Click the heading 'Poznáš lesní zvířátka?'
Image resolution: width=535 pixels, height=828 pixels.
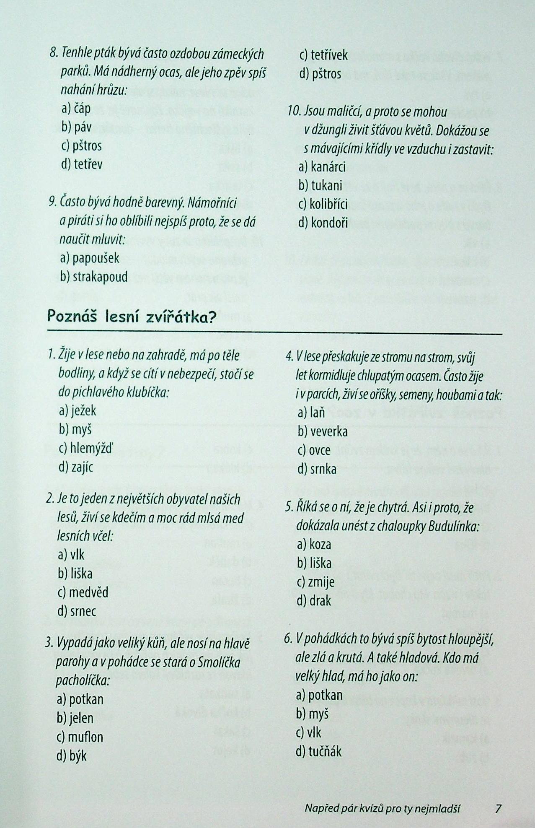pos(132,317)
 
